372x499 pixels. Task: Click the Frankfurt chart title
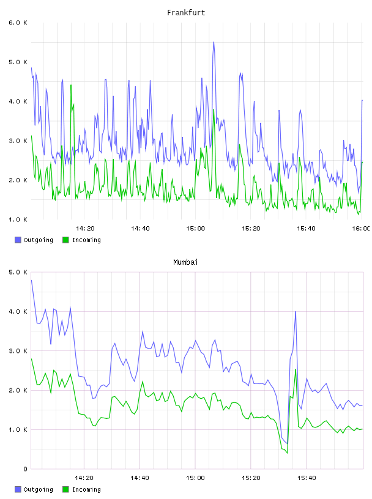pyautogui.click(x=186, y=13)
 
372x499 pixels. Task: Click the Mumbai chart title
pyautogui.click(x=185, y=262)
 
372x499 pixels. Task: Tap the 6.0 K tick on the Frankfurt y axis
pyautogui.click(x=18, y=23)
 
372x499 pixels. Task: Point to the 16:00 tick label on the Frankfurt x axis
pyautogui.click(x=361, y=228)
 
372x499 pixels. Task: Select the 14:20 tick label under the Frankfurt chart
pyautogui.click(x=85, y=228)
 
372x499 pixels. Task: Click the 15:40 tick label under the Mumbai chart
pyautogui.click(x=307, y=478)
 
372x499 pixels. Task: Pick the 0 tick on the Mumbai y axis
pyautogui.click(x=25, y=469)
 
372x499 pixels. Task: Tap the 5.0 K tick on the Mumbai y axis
pyautogui.click(x=18, y=272)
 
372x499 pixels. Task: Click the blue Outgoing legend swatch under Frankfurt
pyautogui.click(x=18, y=240)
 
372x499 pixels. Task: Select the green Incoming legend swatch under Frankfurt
pyautogui.click(x=65, y=240)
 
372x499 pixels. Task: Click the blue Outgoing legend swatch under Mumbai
pyautogui.click(x=18, y=489)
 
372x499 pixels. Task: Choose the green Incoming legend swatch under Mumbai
pyautogui.click(x=65, y=489)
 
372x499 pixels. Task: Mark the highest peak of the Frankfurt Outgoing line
pyautogui.click(x=214, y=42)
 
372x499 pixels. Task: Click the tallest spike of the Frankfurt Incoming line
pyautogui.click(x=71, y=84)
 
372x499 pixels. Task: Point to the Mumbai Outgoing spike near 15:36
pyautogui.click(x=296, y=311)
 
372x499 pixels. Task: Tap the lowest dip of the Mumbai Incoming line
pyautogui.click(x=288, y=453)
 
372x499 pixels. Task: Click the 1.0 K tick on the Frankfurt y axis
pyautogui.click(x=18, y=220)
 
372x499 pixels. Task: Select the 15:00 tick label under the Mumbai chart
pyautogui.click(x=195, y=478)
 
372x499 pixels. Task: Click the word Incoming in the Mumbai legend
pyautogui.click(x=86, y=489)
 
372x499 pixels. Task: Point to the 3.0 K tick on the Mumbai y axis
pyautogui.click(x=18, y=350)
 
